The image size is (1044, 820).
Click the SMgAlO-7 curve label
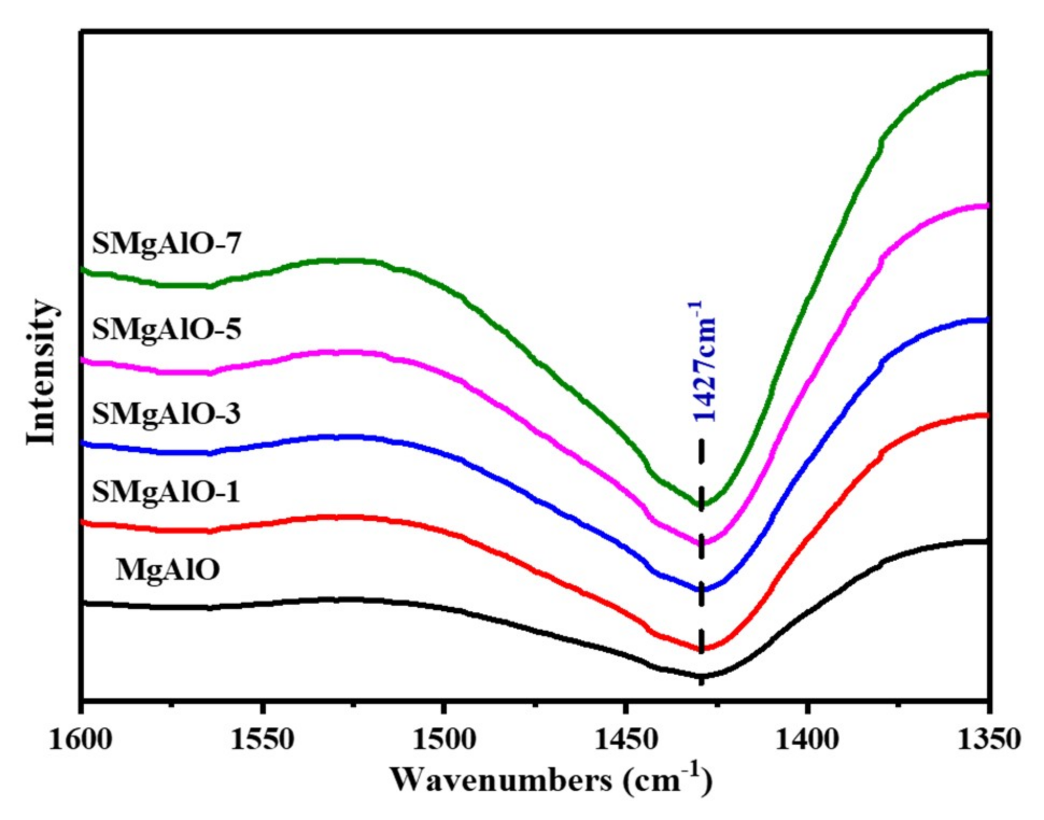[166, 244]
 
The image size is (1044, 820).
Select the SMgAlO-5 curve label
[166, 329]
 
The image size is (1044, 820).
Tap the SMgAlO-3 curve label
[166, 414]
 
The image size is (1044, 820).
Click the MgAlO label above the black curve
[167, 569]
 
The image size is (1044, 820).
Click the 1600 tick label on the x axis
[80, 740]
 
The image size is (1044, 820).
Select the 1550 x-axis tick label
[262, 740]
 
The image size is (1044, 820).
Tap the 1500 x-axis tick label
[443, 740]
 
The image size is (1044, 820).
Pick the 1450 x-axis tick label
[625, 740]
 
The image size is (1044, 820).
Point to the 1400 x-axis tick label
[807, 740]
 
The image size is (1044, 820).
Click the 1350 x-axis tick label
[988, 740]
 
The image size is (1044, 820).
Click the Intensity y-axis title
[41, 372]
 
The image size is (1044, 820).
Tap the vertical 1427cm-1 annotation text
[703, 362]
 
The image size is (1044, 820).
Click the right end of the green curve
[986, 73]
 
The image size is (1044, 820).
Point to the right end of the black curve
[986, 541]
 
